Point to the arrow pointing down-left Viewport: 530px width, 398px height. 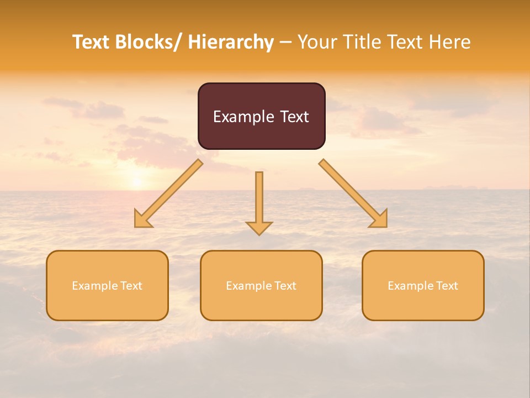click(168, 193)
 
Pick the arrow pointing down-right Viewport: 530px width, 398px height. click(353, 193)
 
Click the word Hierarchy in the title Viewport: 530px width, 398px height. click(231, 43)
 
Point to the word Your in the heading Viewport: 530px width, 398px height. click(317, 43)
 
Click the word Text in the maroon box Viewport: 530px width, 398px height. click(294, 117)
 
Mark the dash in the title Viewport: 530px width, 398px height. click(286, 43)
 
